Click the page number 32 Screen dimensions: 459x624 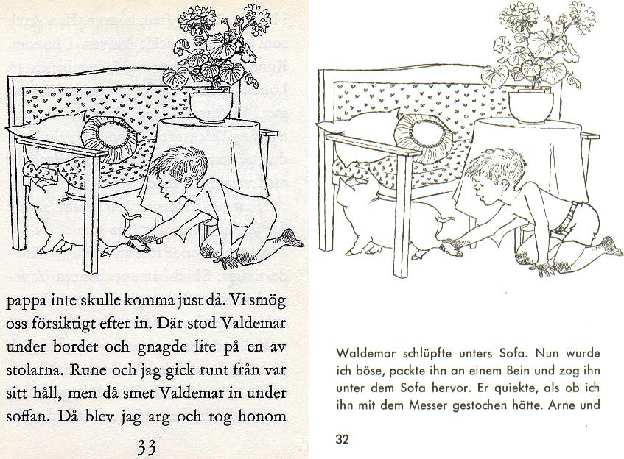pos(341,440)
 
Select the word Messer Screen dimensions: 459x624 pos(460,404)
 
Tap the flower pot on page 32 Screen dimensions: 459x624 pos(530,107)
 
